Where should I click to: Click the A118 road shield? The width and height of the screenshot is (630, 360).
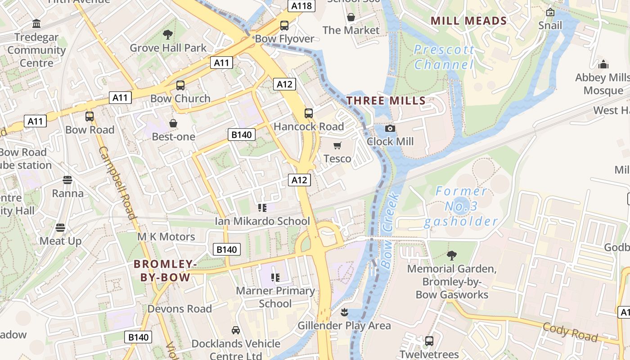click(x=301, y=6)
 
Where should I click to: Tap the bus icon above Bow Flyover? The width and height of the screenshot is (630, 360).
click(x=284, y=26)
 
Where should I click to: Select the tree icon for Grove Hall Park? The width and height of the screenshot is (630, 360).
click(x=168, y=34)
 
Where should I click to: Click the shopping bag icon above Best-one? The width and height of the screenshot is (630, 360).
click(x=173, y=123)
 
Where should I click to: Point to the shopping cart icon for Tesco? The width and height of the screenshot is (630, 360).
click(x=337, y=145)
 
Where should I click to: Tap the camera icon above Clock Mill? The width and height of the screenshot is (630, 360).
click(x=390, y=129)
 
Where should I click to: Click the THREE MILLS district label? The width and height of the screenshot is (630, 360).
click(x=386, y=101)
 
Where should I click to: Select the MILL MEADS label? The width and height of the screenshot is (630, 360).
click(x=469, y=21)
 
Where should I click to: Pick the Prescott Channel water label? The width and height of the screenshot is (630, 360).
click(x=444, y=57)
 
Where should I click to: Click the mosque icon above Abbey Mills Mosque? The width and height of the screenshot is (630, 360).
click(x=603, y=64)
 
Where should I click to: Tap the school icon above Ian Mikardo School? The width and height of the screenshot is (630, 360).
click(x=262, y=207)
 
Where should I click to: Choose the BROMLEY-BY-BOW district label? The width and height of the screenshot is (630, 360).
click(x=165, y=270)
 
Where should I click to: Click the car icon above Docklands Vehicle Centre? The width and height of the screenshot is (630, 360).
click(x=235, y=330)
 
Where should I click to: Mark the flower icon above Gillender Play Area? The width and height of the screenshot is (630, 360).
click(x=344, y=312)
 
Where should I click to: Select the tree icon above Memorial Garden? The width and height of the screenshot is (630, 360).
click(x=452, y=256)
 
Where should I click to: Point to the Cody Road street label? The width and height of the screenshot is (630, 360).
click(x=570, y=332)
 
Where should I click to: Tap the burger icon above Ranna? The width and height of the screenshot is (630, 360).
click(x=67, y=180)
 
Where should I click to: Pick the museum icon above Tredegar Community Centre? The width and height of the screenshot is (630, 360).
click(x=36, y=23)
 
